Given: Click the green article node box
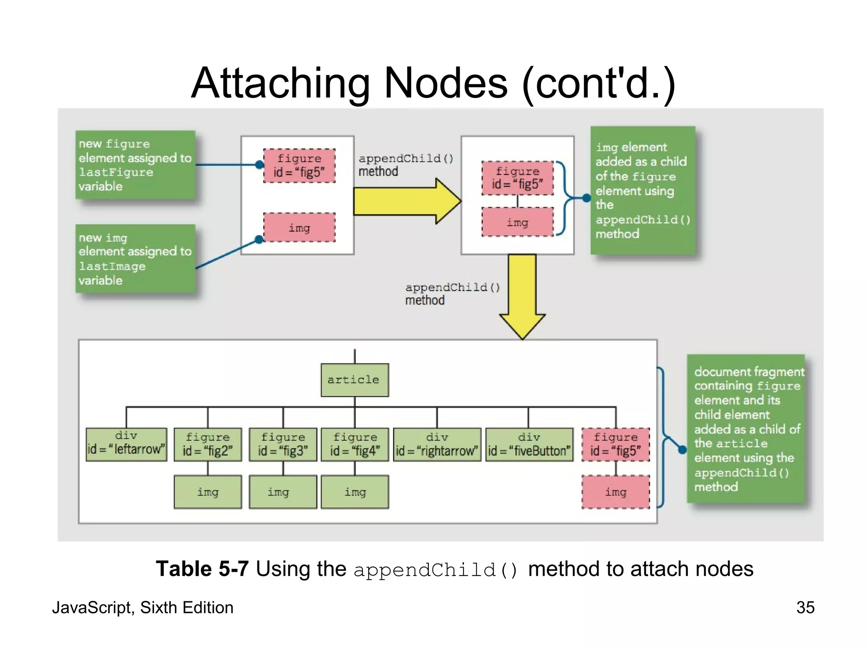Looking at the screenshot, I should [354, 380].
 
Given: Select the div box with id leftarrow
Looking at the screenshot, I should [126, 444].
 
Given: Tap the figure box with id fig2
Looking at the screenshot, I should [207, 444].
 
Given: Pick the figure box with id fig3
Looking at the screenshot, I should [283, 444].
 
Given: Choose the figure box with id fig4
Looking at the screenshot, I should [355, 444].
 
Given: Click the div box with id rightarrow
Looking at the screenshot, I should [437, 444].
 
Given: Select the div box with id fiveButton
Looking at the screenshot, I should [529, 444].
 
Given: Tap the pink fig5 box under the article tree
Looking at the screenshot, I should [616, 444].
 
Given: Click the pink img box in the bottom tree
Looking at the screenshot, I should [616, 492].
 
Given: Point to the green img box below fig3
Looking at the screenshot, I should [283, 492].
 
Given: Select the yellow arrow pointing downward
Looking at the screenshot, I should [522, 296].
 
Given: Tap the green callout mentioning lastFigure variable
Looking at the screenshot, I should [135, 165].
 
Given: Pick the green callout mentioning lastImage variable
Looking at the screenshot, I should [135, 259].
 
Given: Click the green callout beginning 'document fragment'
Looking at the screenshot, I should [745, 428].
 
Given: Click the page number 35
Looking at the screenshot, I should [805, 607].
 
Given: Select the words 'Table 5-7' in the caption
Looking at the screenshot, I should [202, 568].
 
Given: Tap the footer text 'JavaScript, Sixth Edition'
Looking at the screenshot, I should [143, 607].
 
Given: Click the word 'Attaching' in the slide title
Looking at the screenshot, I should [279, 83].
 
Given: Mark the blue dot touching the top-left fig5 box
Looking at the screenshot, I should [260, 165].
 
